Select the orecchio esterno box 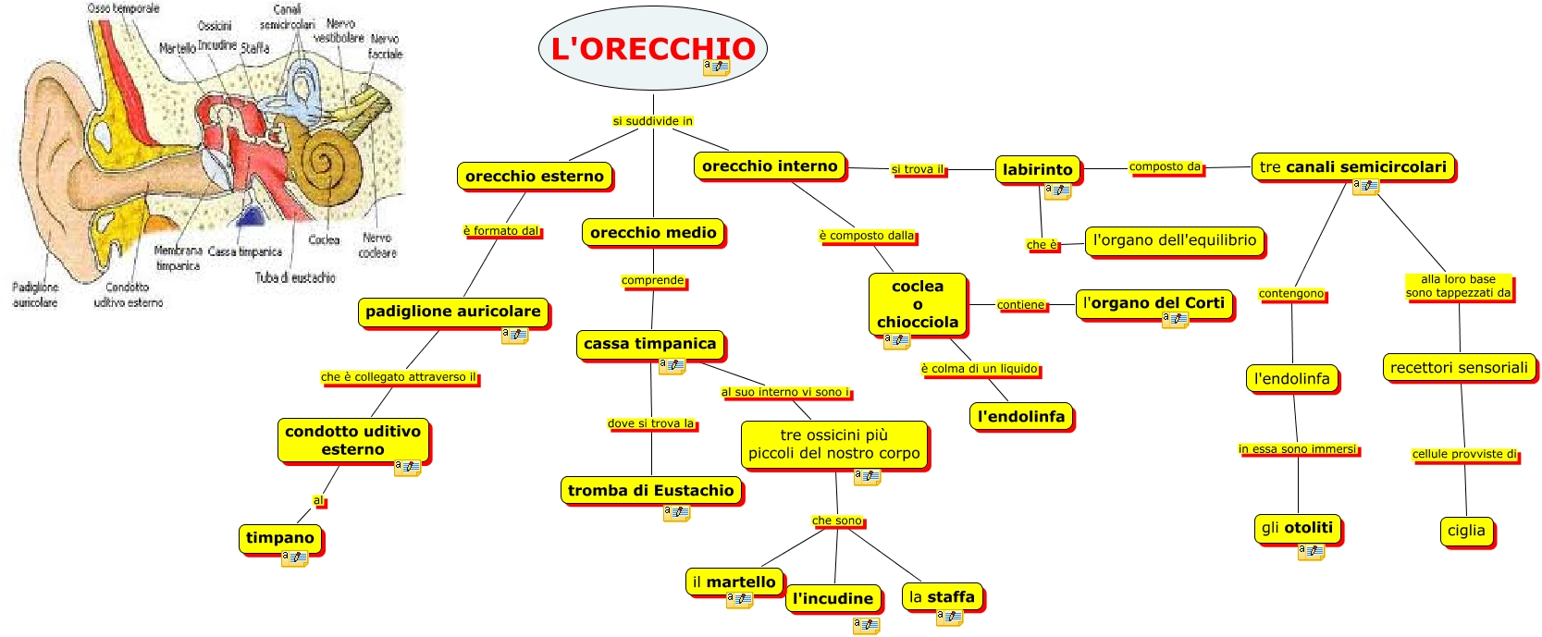[534, 176]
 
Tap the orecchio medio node [652, 233]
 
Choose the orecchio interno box [769, 166]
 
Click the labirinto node [1037, 169]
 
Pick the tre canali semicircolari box [1352, 167]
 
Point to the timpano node [279, 538]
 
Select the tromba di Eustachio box [650, 491]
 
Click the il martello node [734, 582]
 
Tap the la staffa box [942, 597]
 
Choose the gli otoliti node [1297, 528]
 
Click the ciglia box [1466, 531]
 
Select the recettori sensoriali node [1459, 368]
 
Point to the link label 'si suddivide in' [652, 121]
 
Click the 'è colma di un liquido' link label [980, 369]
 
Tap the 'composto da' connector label [1165, 167]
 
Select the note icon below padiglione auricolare [514, 335]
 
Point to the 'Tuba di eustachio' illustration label [295, 277]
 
